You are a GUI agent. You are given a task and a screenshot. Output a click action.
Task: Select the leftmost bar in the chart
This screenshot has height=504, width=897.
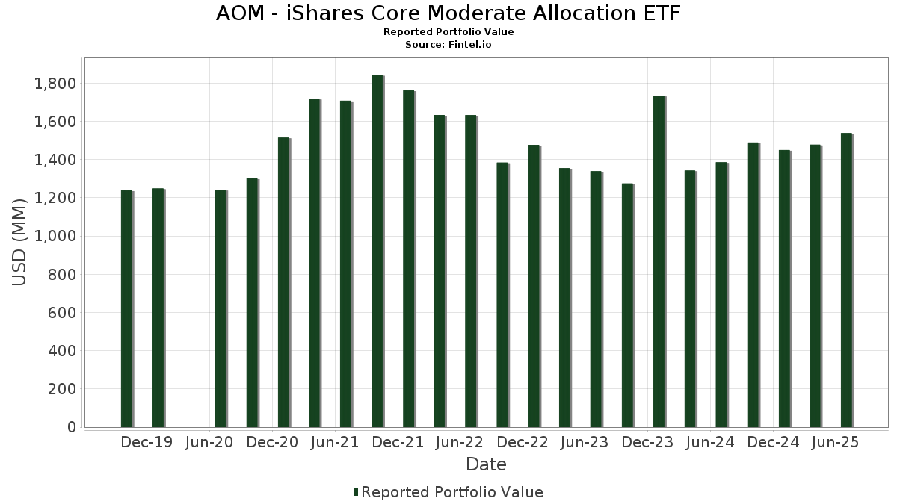126,309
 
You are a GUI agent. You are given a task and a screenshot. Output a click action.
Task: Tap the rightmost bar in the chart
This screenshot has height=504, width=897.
846,280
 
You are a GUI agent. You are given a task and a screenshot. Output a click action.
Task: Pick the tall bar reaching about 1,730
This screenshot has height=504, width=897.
659,261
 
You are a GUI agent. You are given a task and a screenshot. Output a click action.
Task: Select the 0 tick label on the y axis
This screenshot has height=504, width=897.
72,427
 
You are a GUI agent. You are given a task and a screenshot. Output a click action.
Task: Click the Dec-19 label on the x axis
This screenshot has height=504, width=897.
147,442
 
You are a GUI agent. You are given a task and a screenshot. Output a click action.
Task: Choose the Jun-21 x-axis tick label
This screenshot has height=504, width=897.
335,442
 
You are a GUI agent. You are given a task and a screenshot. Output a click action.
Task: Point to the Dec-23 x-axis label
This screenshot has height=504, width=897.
647,442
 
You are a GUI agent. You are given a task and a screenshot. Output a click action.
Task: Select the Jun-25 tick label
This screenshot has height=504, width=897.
835,442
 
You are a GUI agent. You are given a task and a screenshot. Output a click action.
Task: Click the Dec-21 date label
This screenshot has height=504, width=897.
398,442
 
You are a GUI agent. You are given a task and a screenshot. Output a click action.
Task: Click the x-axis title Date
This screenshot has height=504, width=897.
486,464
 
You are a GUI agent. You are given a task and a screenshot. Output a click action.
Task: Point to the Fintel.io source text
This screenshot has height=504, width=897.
471,44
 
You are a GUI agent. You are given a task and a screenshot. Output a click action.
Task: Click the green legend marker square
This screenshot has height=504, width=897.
356,492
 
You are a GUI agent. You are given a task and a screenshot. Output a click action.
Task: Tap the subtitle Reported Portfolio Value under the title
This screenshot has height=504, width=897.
449,32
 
